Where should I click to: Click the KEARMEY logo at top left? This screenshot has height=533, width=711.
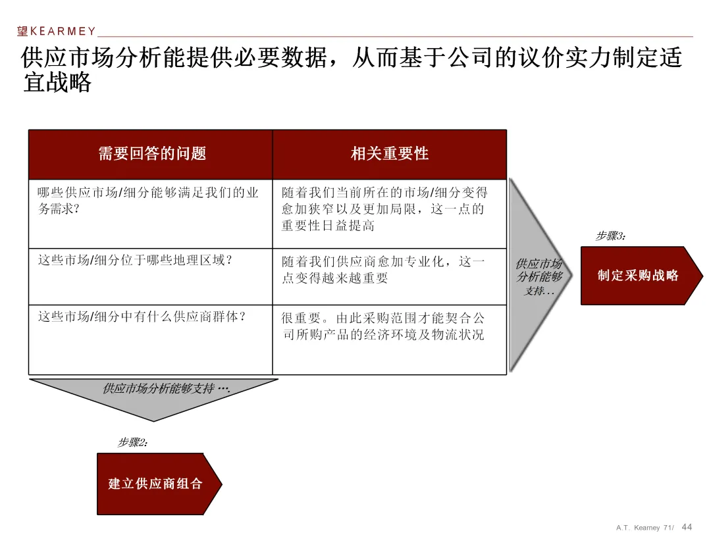pos(57,31)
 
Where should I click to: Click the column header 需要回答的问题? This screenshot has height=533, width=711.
pos(152,154)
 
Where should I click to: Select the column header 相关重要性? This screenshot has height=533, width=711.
pos(390,154)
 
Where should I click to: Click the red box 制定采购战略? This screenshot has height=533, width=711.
pos(637,276)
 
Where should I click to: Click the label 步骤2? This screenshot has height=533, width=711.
pos(133,443)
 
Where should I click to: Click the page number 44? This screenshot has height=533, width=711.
pos(687,527)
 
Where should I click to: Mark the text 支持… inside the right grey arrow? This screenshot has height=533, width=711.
pos(539,290)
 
